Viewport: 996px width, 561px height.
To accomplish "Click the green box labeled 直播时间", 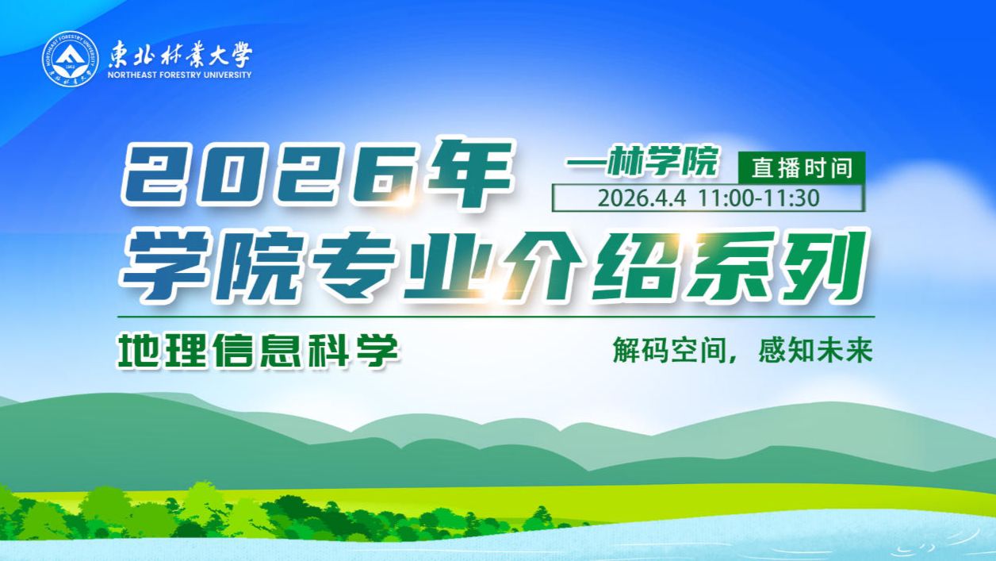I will pyautogui.click(x=802, y=167).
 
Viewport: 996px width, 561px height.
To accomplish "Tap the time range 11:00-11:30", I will pyautogui.click(x=759, y=198).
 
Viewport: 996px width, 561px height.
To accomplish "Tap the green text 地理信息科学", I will pyautogui.click(x=257, y=350).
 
